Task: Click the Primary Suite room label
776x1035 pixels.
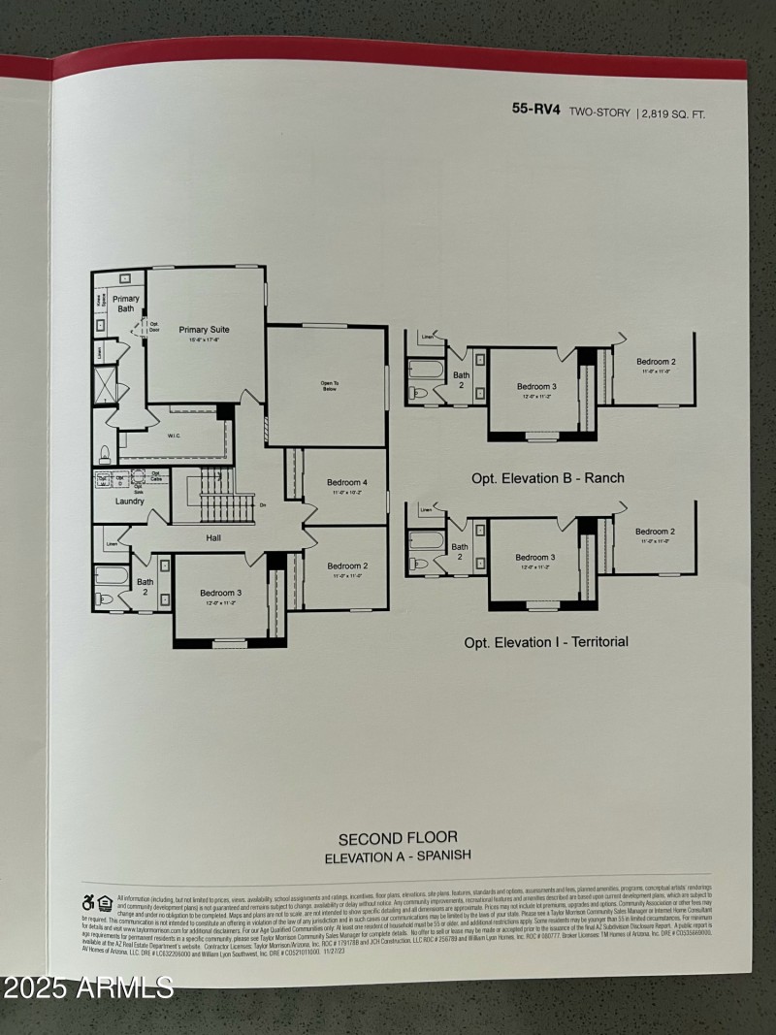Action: (204, 330)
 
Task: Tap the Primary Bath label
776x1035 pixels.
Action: (126, 304)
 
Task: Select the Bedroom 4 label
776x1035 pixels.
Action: (347, 482)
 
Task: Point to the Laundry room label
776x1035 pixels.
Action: (129, 501)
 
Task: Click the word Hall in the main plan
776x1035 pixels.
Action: (214, 536)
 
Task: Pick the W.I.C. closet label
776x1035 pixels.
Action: (175, 436)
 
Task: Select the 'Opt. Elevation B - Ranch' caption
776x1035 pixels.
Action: (548, 478)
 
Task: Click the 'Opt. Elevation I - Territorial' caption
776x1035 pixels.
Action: (546, 641)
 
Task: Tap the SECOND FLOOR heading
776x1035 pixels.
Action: (398, 837)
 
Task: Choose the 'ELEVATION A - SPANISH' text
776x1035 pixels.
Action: (398, 856)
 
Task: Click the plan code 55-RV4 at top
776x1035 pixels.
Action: (536, 111)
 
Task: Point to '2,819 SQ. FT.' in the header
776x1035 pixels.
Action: (673, 113)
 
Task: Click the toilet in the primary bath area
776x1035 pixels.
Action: (105, 452)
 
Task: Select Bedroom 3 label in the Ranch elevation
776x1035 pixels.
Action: (535, 387)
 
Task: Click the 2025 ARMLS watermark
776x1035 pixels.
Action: (87, 987)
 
